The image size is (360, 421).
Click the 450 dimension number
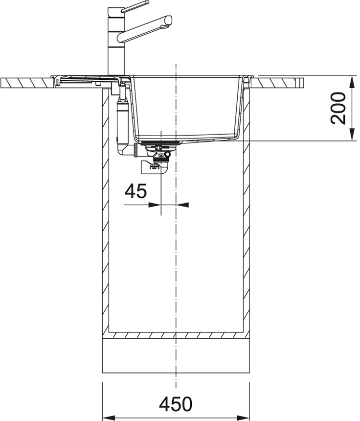(x=176, y=404)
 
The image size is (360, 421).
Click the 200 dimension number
(x=338, y=108)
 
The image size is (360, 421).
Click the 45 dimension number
(x=136, y=191)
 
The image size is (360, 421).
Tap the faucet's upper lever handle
(x=135, y=6)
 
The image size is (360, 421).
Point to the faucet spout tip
(x=168, y=21)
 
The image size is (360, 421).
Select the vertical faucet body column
(x=116, y=41)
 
